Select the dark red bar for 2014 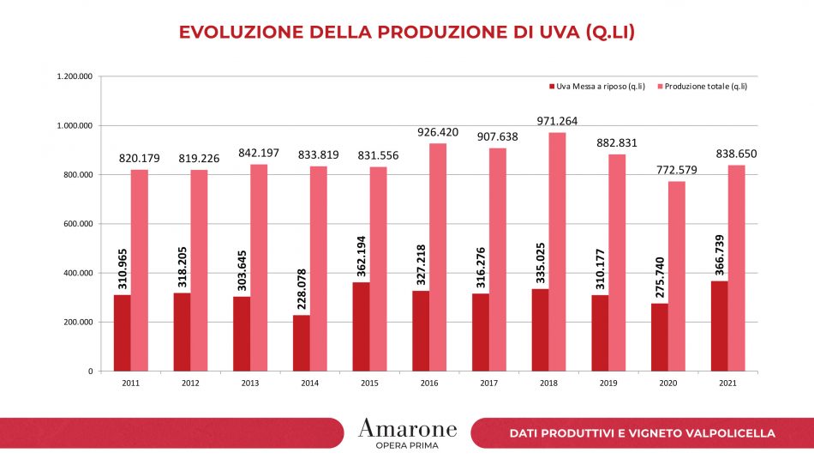302,342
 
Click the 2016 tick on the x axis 429,384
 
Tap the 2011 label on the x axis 130,384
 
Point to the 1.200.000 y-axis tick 74,76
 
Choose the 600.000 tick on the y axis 77,224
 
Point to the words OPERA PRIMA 407,445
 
